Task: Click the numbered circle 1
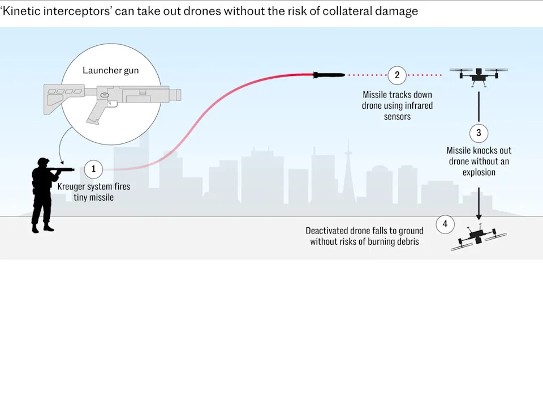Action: point(93,169)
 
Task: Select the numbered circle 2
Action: point(397,75)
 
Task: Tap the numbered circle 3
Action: point(479,133)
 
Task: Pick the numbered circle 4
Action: point(445,224)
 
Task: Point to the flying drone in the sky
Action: point(479,77)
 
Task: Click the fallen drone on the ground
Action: point(479,237)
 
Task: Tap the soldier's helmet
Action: point(43,161)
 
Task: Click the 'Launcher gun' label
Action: point(110,70)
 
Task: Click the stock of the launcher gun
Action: point(64,98)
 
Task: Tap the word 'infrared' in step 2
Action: point(417,105)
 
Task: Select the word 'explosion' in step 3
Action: point(479,172)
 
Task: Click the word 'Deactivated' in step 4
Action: point(326,231)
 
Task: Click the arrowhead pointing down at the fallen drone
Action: point(479,217)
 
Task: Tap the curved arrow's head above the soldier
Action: point(62,162)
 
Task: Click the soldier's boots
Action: point(43,228)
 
